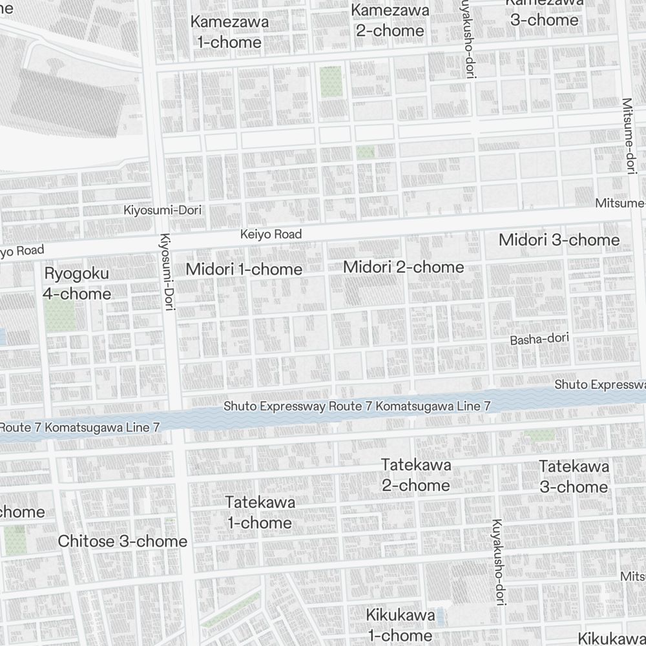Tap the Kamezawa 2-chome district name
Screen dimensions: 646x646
[390, 20]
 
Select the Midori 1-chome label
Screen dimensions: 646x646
[244, 269]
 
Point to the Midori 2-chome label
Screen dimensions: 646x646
[403, 267]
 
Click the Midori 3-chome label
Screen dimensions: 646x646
[559, 240]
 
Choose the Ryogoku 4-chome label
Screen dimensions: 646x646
[76, 284]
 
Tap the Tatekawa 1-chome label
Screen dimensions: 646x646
[260, 512]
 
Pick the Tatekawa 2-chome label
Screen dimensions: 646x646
[415, 475]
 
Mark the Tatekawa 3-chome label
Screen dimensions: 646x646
[574, 476]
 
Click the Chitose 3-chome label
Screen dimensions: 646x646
[123, 541]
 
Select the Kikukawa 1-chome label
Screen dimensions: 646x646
[400, 625]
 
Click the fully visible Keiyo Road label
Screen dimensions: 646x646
[271, 234]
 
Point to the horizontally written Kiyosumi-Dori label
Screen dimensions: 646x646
[162, 210]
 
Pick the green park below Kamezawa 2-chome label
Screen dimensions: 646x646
[330, 81]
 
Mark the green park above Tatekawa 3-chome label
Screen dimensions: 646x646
[539, 435]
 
